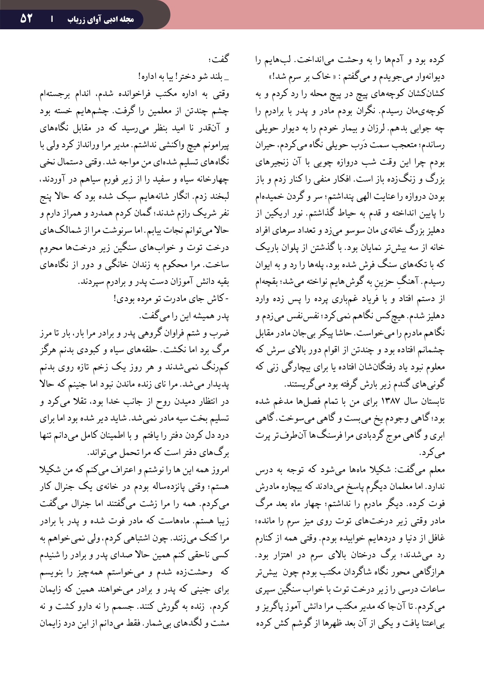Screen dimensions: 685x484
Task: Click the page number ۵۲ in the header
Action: pyautogui.click(x=26, y=18)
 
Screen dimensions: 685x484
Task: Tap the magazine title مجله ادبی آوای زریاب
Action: pyautogui.click(x=101, y=19)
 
